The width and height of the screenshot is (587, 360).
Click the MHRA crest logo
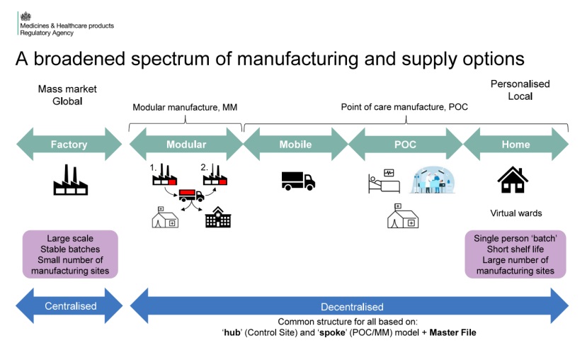coord(26,16)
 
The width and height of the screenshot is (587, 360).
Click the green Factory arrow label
coord(69,145)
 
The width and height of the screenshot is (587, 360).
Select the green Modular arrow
coord(186,145)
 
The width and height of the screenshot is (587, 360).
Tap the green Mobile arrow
coord(295,145)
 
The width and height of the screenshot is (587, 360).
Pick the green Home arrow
coord(515,145)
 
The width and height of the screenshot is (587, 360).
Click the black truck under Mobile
coord(298,181)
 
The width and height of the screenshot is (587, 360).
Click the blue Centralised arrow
coord(69,307)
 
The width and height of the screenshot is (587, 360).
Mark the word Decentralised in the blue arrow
coord(352,307)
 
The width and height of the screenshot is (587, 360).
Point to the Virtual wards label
coord(515,213)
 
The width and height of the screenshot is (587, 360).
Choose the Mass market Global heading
coord(67,95)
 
